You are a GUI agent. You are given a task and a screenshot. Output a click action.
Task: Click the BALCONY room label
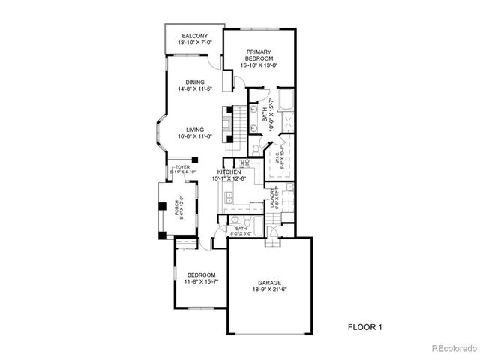coord(194,37)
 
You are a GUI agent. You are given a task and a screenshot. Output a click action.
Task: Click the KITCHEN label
coord(229,172)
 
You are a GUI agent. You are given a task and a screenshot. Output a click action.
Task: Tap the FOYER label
coord(182,167)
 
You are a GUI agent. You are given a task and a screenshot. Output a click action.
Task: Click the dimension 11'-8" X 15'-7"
coord(202,282)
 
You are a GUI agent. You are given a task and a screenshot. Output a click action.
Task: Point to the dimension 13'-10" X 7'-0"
coord(194,43)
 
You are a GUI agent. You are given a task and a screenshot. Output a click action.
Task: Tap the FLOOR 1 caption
coord(365,327)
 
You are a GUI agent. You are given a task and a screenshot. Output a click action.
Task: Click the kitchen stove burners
coord(245,163)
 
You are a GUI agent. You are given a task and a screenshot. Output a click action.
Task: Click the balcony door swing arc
coord(214,64)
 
